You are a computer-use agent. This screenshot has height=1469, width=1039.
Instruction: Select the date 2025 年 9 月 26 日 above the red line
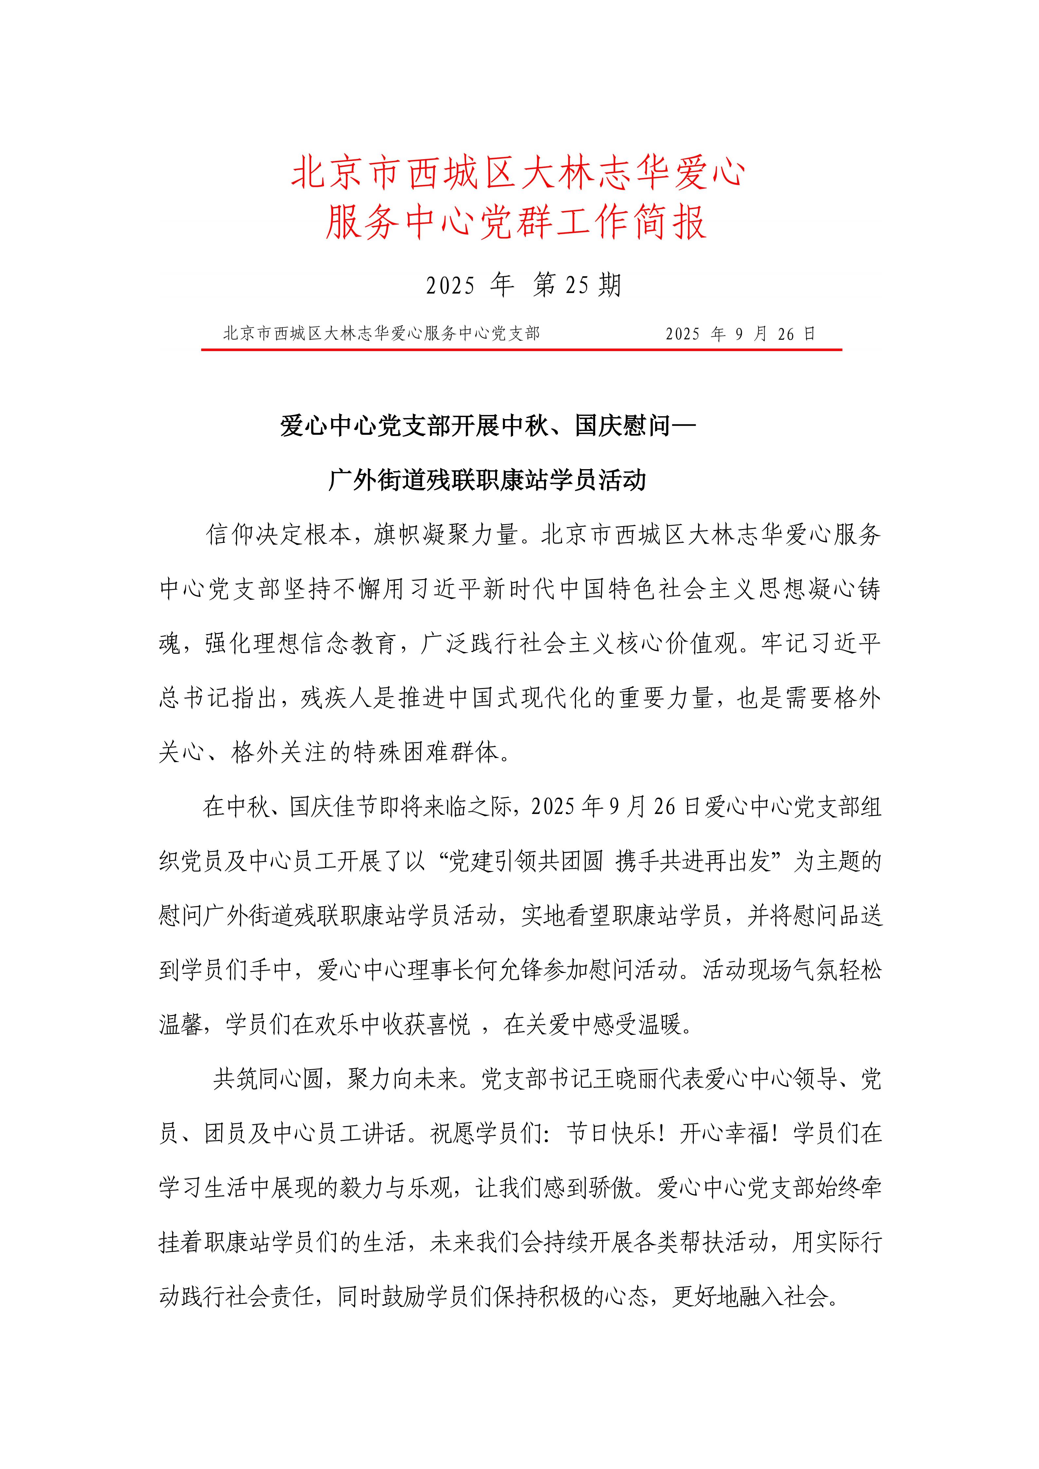(x=740, y=334)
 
